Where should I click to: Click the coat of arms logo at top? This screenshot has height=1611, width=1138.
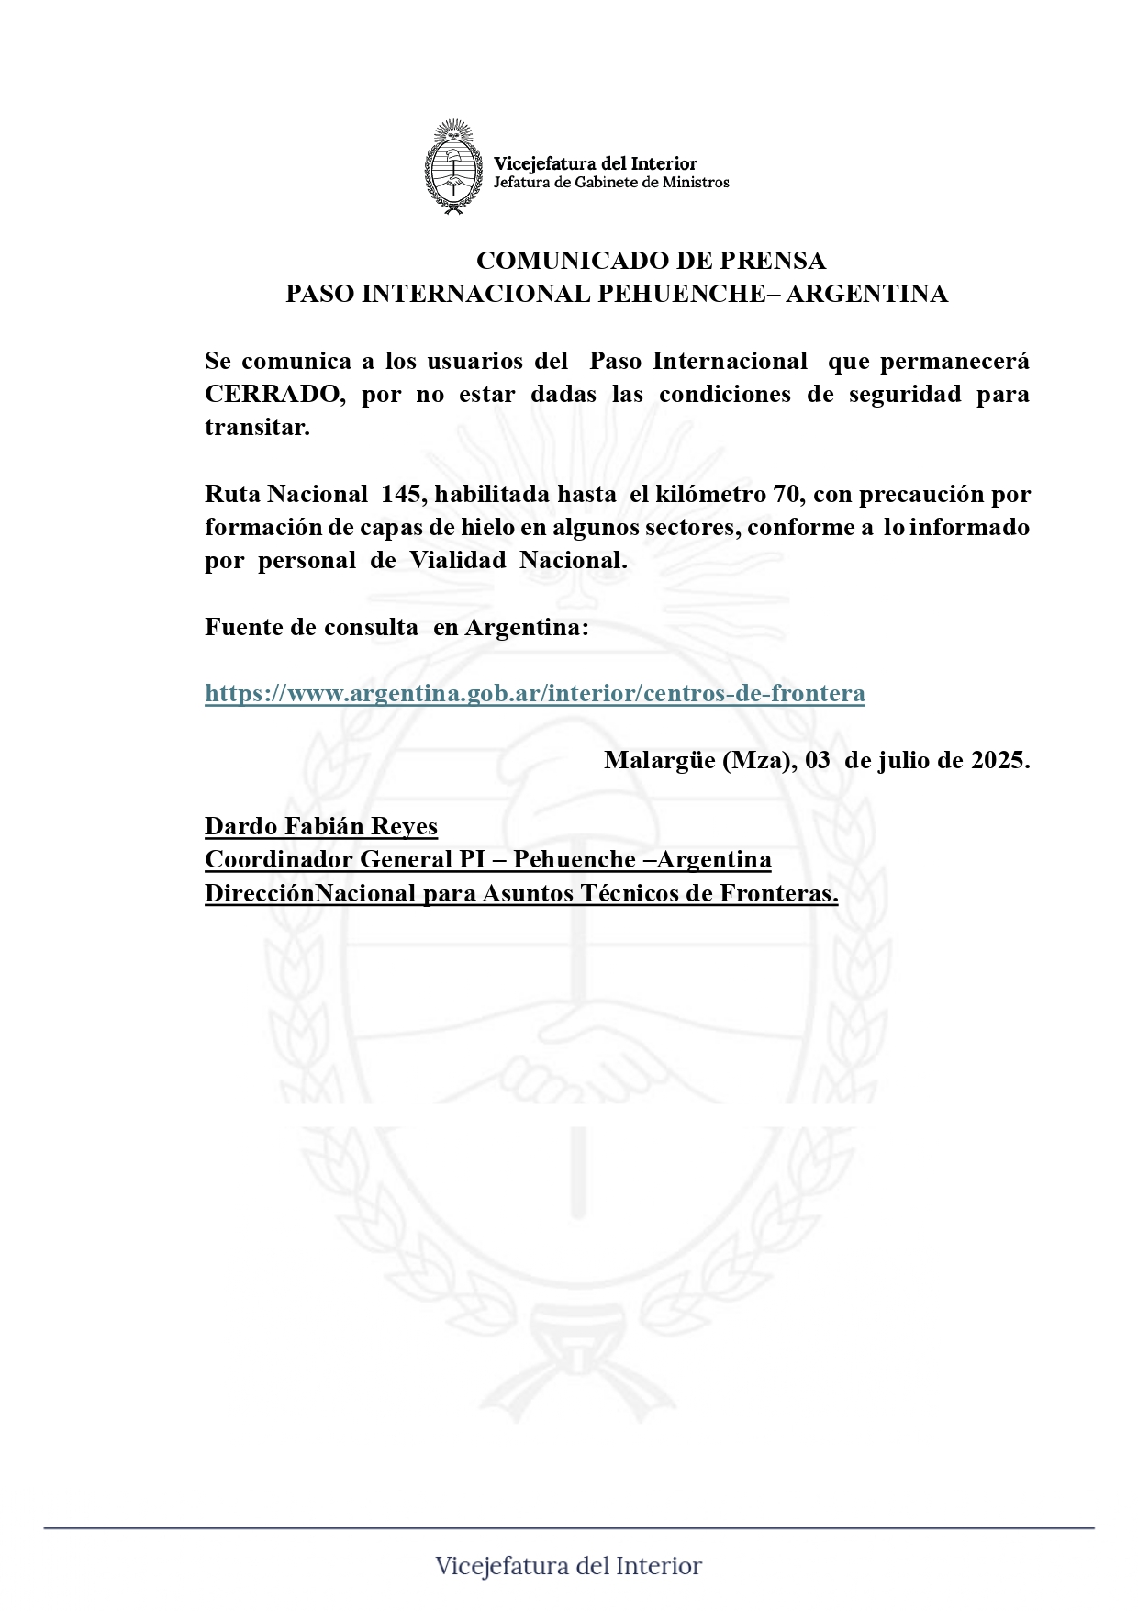point(453,167)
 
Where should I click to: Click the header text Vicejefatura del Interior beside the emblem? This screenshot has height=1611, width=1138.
point(595,163)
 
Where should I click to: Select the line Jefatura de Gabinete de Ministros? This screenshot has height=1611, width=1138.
point(611,183)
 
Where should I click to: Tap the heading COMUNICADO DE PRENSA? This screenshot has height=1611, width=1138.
point(651,261)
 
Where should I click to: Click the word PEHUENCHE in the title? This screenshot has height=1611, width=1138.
point(681,294)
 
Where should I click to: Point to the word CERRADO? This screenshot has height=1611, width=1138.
point(273,395)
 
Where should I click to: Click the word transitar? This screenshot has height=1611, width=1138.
point(257,428)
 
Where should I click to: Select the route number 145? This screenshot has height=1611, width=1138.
point(401,495)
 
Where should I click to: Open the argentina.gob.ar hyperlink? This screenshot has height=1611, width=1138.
point(534,693)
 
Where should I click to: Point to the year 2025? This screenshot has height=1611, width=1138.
point(999,761)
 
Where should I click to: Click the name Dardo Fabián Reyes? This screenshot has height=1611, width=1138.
point(320,827)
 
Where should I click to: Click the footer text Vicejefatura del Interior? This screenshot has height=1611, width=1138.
point(568,1567)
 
